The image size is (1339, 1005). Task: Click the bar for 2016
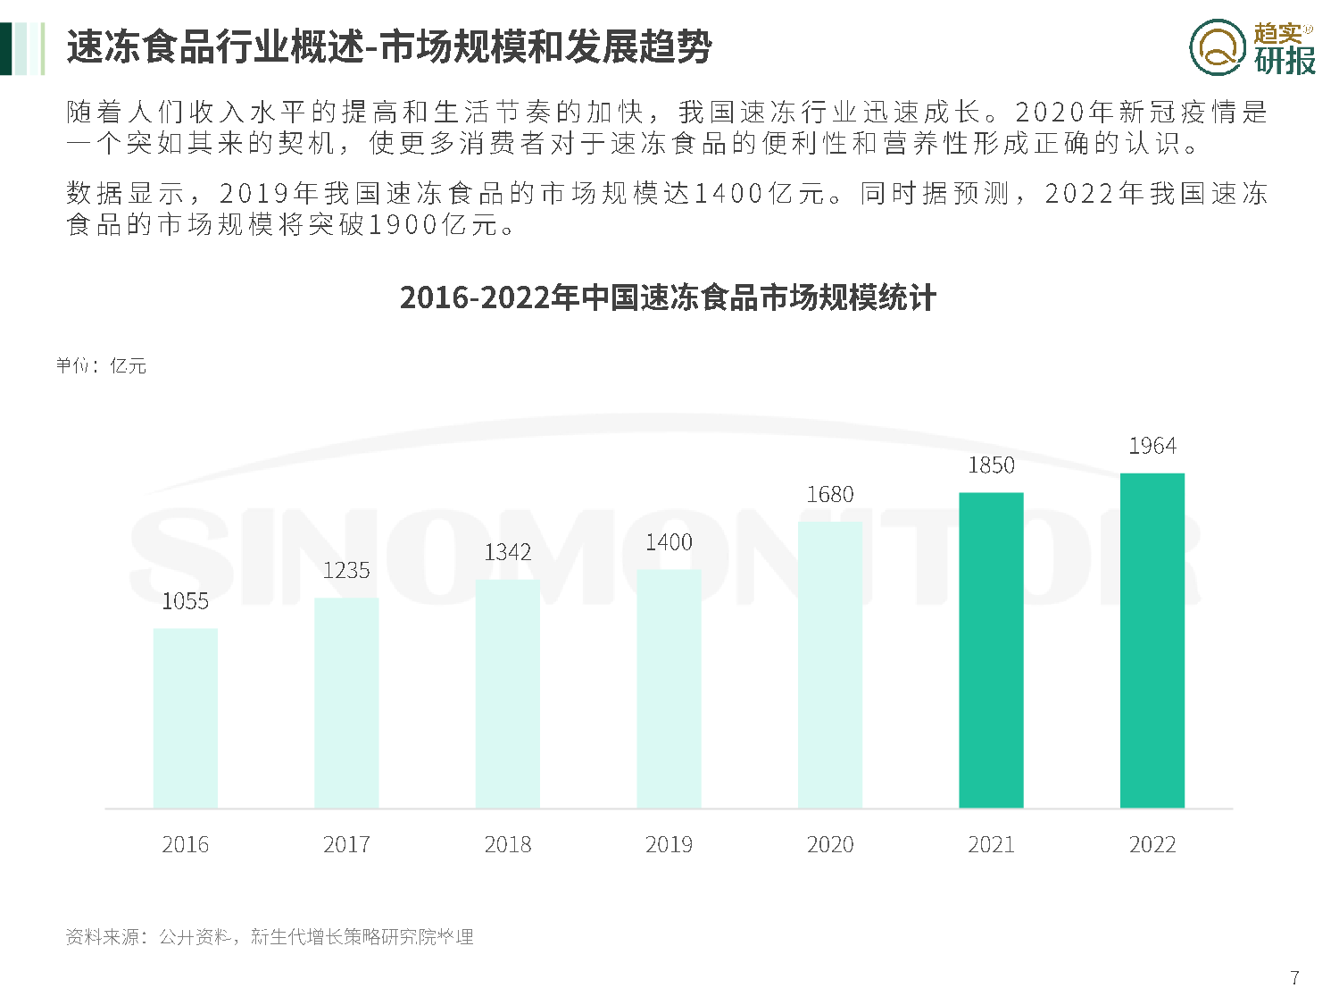click(x=186, y=718)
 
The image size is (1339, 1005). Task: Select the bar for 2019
click(x=669, y=689)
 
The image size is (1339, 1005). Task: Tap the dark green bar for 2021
click(x=991, y=650)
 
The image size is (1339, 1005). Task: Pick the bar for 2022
click(x=1152, y=641)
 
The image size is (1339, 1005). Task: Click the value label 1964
click(x=1152, y=446)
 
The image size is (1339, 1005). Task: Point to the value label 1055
click(x=186, y=601)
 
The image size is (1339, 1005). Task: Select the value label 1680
click(x=830, y=494)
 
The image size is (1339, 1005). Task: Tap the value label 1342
click(x=508, y=552)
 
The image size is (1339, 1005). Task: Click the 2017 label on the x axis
click(x=346, y=844)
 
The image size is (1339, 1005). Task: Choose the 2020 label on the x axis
click(x=830, y=844)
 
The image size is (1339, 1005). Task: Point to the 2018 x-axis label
click(x=508, y=844)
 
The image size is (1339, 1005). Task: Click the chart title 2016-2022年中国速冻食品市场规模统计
click(x=668, y=297)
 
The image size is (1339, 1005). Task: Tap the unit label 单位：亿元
click(x=101, y=365)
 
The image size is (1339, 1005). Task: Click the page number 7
click(x=1294, y=977)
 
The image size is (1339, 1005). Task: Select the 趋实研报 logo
click(x=1252, y=47)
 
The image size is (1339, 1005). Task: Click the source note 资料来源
click(x=270, y=936)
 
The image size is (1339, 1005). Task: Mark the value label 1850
click(x=991, y=465)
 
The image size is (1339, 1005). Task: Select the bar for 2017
click(x=346, y=703)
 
